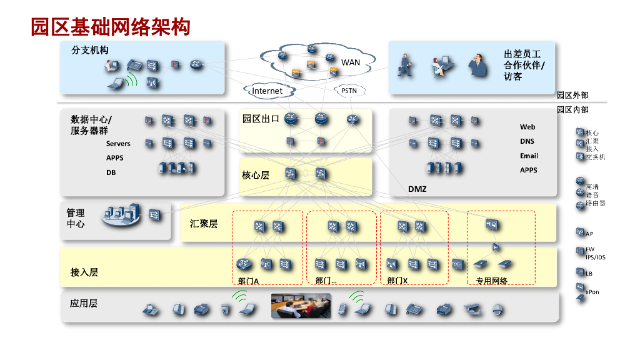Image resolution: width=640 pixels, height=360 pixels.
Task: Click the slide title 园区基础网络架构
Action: pos(111,27)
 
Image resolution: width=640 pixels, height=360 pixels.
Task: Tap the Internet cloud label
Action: pos(267,91)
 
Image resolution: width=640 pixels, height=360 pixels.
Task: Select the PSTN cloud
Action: pos(349,91)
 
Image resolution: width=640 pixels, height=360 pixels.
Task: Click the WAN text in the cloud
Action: pos(351,62)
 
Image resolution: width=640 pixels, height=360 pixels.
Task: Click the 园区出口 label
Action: pos(261,119)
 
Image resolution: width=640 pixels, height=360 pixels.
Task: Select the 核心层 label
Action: pos(256,175)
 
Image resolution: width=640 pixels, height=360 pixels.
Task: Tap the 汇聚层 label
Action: pos(204,223)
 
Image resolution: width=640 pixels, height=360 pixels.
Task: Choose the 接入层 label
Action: pos(84,272)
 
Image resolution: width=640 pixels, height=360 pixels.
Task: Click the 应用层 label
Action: pos(84,303)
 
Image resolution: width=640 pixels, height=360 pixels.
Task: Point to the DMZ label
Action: pos(417,189)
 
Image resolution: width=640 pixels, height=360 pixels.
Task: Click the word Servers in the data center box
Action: pos(118,144)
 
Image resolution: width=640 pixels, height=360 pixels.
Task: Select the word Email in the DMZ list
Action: pos(529,156)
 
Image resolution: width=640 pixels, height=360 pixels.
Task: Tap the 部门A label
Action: pos(248,281)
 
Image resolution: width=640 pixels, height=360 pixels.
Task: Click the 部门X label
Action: pos(397,281)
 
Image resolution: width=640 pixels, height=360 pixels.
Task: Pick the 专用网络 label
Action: pos(492,281)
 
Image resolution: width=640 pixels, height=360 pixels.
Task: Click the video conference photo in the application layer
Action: pos(301,305)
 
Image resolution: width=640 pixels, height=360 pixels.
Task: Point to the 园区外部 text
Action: pos(572,96)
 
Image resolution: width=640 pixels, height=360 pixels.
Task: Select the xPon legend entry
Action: pos(592,291)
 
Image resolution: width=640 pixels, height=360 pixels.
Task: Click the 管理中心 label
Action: pos(76,218)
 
